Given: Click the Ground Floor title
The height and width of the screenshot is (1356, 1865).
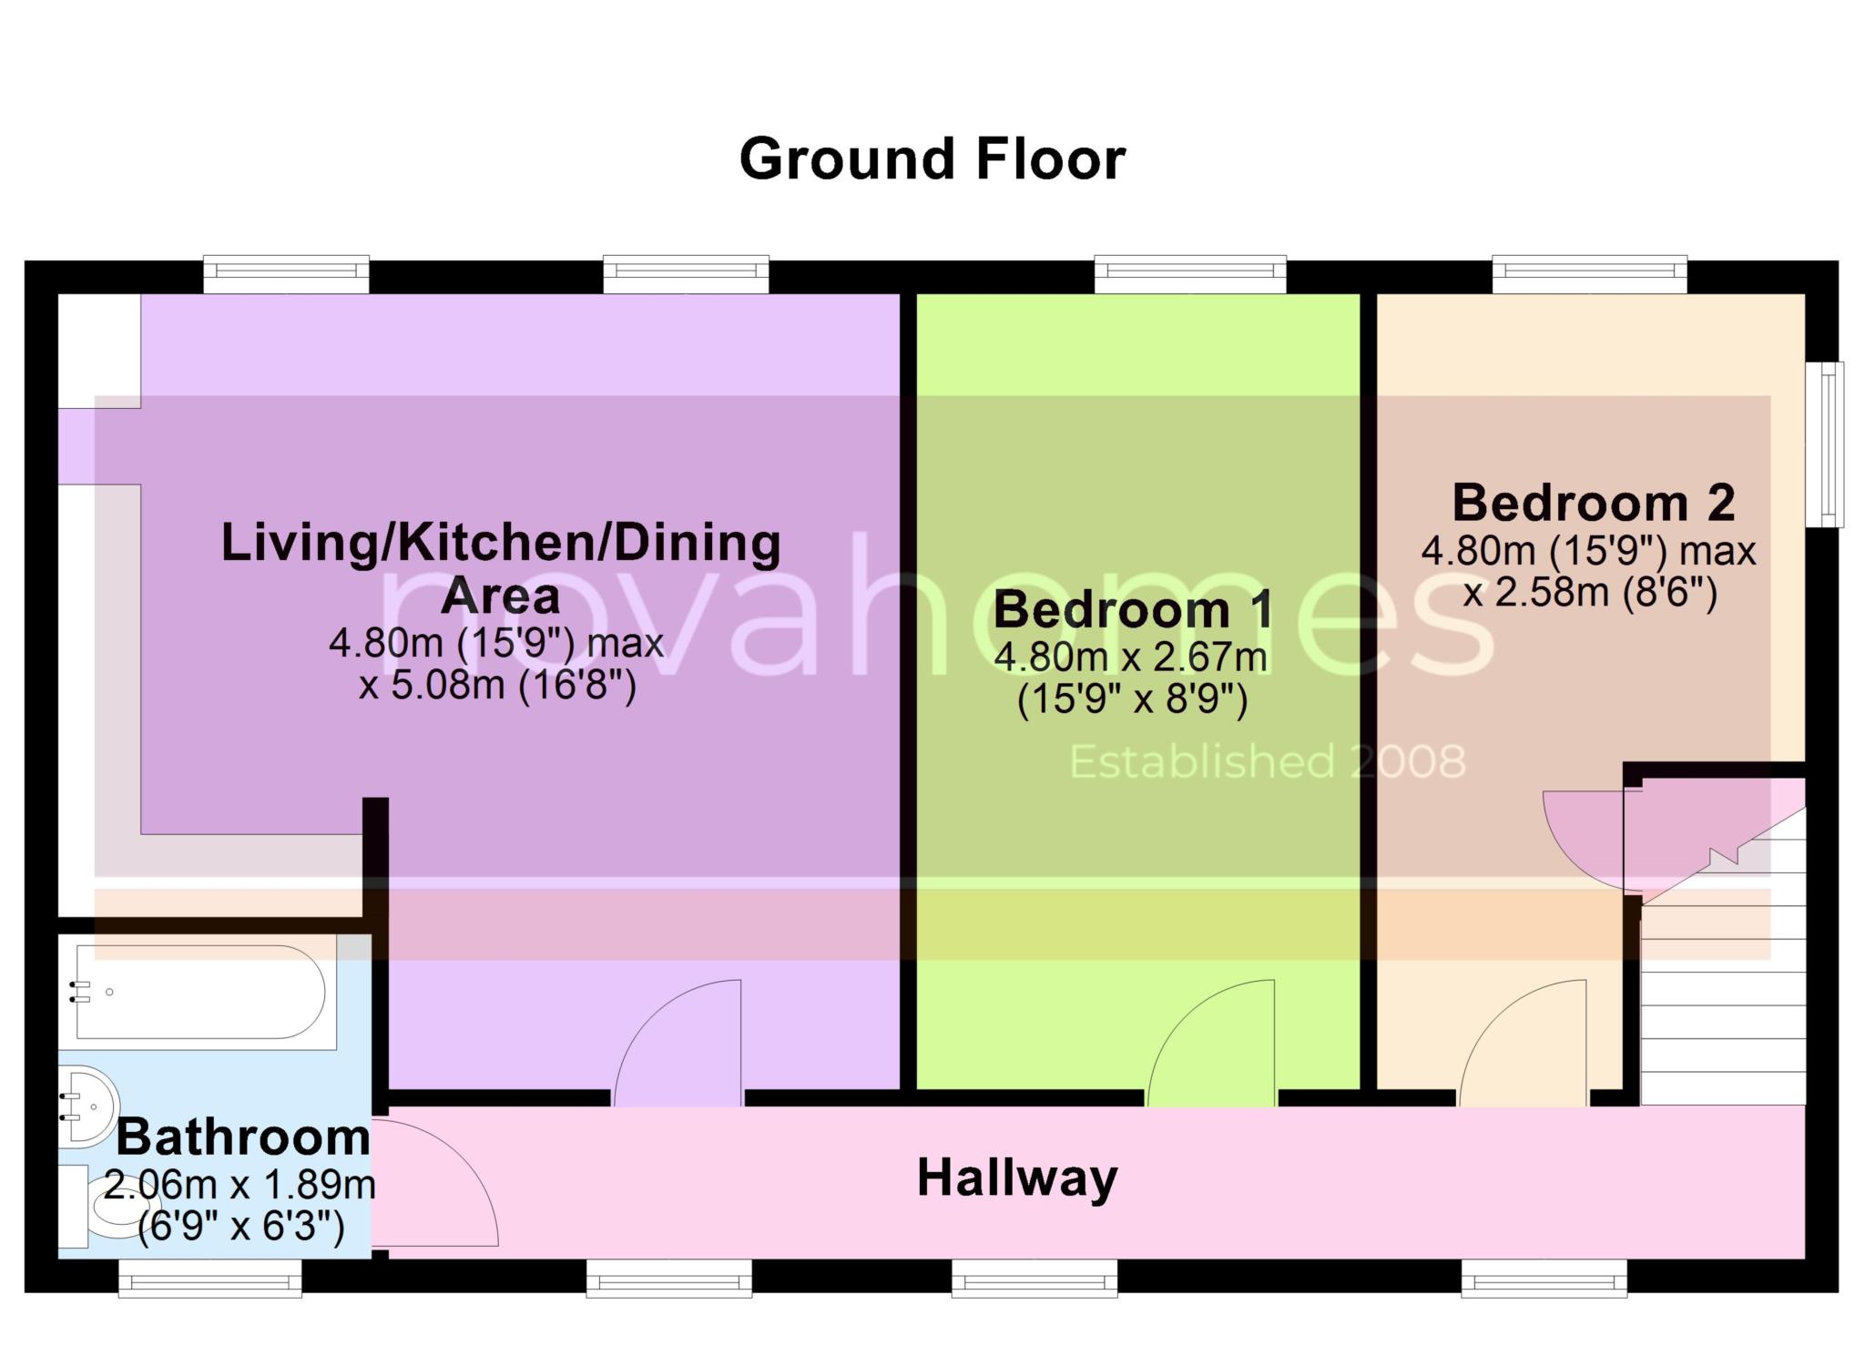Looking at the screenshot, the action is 932,159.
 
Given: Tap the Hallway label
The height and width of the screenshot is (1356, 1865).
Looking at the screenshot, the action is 1017,1178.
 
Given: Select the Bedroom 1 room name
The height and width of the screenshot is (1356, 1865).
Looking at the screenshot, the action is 1134,609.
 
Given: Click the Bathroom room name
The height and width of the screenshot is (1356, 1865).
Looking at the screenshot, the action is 243,1137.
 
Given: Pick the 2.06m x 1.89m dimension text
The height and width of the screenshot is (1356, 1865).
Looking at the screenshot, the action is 240,1185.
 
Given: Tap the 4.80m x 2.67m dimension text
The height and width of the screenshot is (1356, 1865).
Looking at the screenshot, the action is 1131,657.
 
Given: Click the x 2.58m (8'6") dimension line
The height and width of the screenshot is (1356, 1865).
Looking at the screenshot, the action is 1590,594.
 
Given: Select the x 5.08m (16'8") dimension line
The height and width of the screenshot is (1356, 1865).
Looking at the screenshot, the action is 497,685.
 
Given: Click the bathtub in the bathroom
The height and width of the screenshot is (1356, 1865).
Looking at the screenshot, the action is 200,992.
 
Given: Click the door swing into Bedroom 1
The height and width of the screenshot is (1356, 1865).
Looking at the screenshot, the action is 1211,1043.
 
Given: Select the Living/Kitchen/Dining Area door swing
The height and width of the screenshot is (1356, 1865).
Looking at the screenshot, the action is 678,1043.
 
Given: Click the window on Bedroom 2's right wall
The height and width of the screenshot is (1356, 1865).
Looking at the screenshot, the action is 1825,444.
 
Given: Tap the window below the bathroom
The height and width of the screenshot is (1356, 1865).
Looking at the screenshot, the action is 210,1278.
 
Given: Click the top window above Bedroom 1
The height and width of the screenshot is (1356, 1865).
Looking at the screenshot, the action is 1190,275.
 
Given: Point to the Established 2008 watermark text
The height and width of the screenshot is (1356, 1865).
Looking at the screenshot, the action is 1268,762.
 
